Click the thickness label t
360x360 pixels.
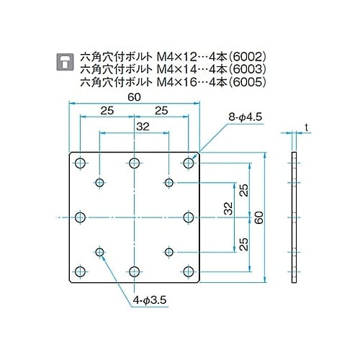pyautogui.click(x=306, y=127)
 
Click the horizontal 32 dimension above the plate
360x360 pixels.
pyautogui.click(x=135, y=126)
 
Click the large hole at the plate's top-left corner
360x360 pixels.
pyautogui.click(x=79, y=163)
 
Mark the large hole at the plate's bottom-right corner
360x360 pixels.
pyautogui.click(x=189, y=271)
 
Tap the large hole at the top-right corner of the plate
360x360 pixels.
pyautogui.click(x=189, y=163)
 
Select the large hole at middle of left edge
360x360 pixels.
pyautogui.click(x=79, y=217)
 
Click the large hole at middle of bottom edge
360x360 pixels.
pyautogui.click(x=135, y=271)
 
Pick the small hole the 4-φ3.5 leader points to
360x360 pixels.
pyautogui.click(x=99, y=251)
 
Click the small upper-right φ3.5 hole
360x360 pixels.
pyautogui.click(x=169, y=182)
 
